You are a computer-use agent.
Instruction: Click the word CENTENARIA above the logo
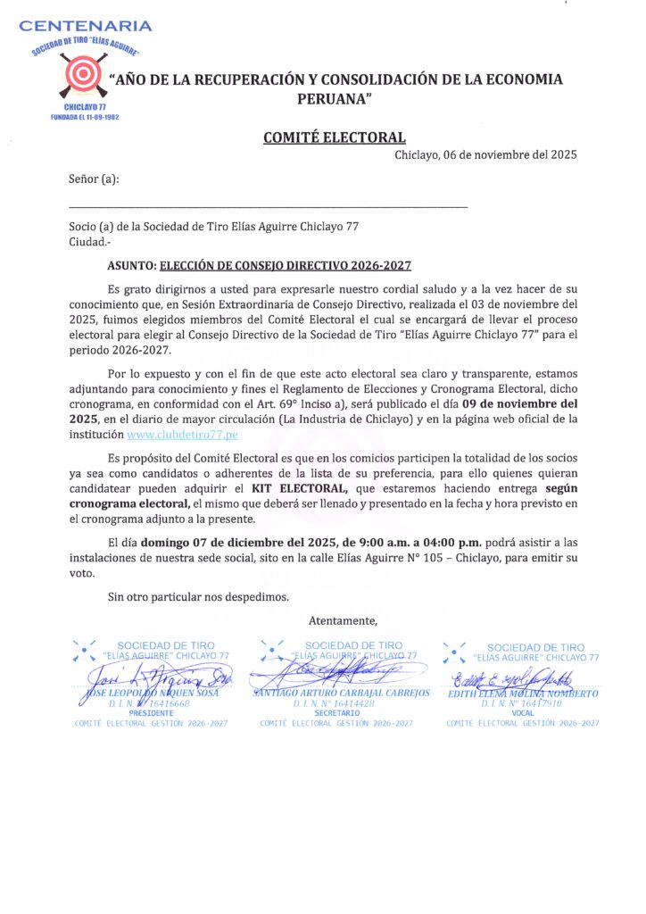tap(86, 26)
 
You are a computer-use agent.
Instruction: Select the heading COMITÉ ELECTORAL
tap(334, 137)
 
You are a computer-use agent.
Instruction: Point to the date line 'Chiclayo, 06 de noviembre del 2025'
tap(485, 154)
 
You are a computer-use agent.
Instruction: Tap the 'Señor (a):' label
tap(94, 179)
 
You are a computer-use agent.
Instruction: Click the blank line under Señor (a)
tap(268, 208)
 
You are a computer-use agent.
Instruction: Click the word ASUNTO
tap(130, 266)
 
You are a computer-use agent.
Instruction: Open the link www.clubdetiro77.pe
tap(183, 435)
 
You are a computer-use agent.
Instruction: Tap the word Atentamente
tap(344, 620)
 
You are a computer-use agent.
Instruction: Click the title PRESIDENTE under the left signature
tap(151, 713)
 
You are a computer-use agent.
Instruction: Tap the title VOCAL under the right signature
tap(523, 713)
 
